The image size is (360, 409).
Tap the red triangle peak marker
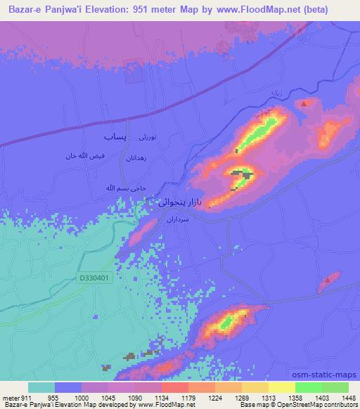pyautogui.click(x=304, y=103)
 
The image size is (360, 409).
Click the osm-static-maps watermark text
pyautogui.click(x=330, y=374)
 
